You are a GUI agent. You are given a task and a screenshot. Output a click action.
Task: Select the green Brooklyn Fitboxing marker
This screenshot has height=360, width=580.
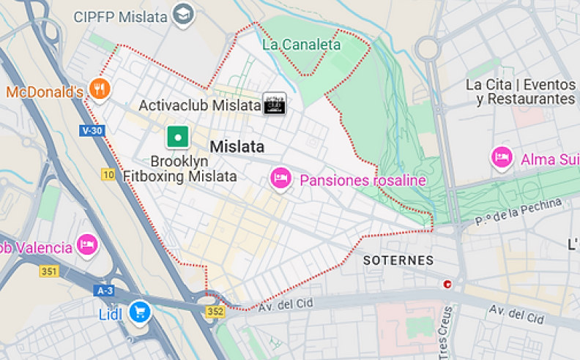(177, 137)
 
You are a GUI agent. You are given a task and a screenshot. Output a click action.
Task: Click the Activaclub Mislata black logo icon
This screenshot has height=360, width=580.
(275, 105)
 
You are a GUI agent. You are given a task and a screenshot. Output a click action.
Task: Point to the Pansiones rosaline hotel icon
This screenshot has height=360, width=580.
(280, 178)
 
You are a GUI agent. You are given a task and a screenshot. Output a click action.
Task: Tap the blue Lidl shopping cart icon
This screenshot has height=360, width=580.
(139, 313)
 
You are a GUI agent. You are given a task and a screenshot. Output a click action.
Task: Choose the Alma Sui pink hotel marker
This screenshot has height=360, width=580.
(502, 158)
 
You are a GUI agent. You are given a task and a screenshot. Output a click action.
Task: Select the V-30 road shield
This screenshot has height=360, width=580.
(92, 130)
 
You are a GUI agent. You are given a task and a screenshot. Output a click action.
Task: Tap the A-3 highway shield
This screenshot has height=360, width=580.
(104, 290)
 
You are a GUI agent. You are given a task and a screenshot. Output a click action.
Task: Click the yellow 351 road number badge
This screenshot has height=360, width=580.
(49, 271)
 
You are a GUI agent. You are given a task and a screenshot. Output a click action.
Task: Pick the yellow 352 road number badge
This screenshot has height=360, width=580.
(215, 312)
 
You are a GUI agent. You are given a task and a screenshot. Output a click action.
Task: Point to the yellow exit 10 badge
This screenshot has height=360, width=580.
(108, 174)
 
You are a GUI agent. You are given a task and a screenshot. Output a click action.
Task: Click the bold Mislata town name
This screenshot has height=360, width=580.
(237, 146)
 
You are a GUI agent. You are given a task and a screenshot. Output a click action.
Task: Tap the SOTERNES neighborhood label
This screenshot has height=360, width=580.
(398, 260)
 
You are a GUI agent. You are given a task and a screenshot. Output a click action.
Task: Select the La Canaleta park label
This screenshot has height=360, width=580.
(301, 45)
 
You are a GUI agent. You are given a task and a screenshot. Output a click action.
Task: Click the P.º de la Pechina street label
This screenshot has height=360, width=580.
(518, 211)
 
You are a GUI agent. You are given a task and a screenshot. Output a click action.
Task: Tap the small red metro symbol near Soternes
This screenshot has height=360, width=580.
(447, 284)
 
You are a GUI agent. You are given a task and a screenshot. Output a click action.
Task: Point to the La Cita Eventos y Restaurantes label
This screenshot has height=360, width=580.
(520, 91)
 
